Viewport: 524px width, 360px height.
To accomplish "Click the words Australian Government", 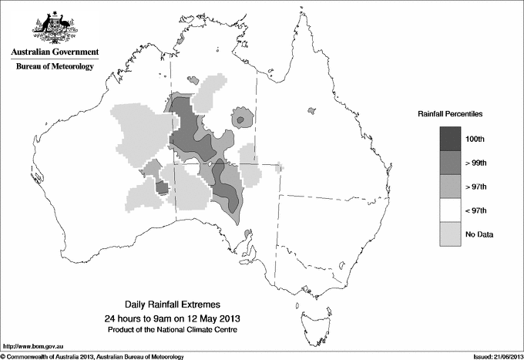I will pyautogui.click(x=54, y=52).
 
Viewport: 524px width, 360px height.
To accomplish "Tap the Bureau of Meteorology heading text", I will pyautogui.click(x=55, y=67).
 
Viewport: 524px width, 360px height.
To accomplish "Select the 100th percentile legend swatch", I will pyautogui.click(x=451, y=138).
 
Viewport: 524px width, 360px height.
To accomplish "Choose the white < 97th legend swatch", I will pyautogui.click(x=451, y=210).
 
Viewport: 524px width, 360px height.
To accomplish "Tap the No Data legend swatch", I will pyautogui.click(x=451, y=234).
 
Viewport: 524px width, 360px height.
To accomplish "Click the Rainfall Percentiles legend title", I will pyautogui.click(x=450, y=113).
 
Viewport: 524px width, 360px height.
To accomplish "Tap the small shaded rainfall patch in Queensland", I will pyautogui.click(x=311, y=112).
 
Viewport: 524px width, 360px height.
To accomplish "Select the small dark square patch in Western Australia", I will pyautogui.click(x=162, y=187).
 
